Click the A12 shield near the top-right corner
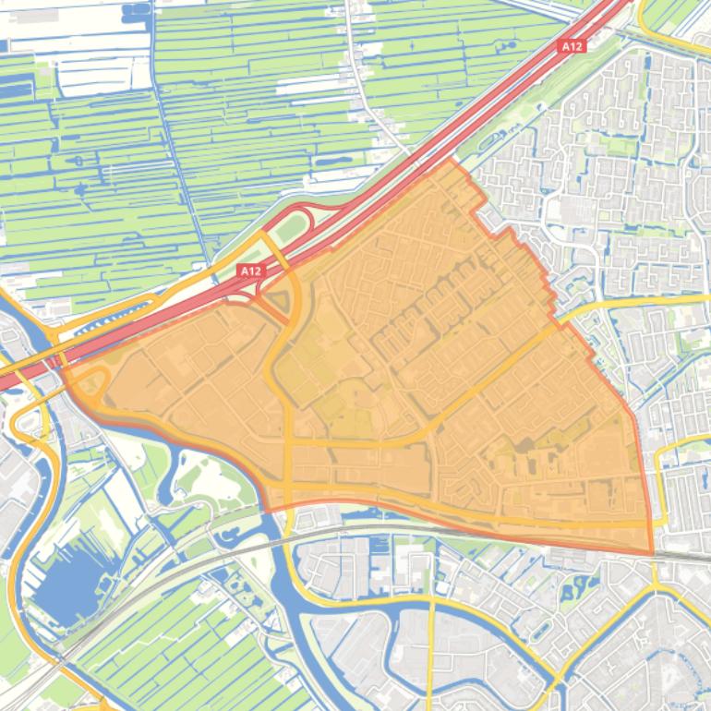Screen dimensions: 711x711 click(572, 46)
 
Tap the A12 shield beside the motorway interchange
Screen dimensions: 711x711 click(250, 271)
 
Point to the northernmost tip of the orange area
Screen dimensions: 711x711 click(452, 159)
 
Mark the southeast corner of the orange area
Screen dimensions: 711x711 click(653, 554)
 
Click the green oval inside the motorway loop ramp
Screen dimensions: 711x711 click(294, 227)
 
